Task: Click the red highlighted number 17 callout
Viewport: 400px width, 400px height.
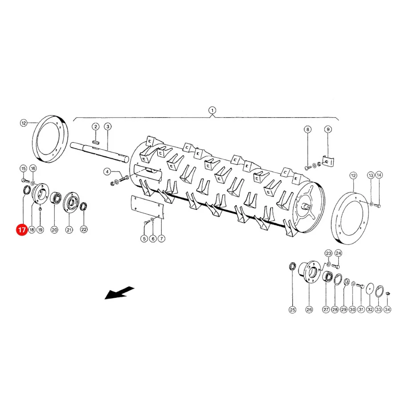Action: tap(22, 230)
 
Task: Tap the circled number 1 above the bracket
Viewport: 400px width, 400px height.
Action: tap(212, 111)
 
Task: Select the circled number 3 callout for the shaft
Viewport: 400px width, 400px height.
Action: tap(108, 127)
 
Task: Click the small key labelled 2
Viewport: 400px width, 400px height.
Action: tap(96, 142)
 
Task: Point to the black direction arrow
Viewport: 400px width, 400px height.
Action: tap(120, 293)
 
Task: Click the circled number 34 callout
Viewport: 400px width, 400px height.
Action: tap(388, 309)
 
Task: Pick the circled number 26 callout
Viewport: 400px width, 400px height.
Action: tap(309, 310)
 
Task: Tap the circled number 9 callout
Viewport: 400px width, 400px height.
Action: tap(328, 129)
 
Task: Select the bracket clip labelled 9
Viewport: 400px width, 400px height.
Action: tap(328, 162)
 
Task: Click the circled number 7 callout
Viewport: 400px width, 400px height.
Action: tap(161, 239)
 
